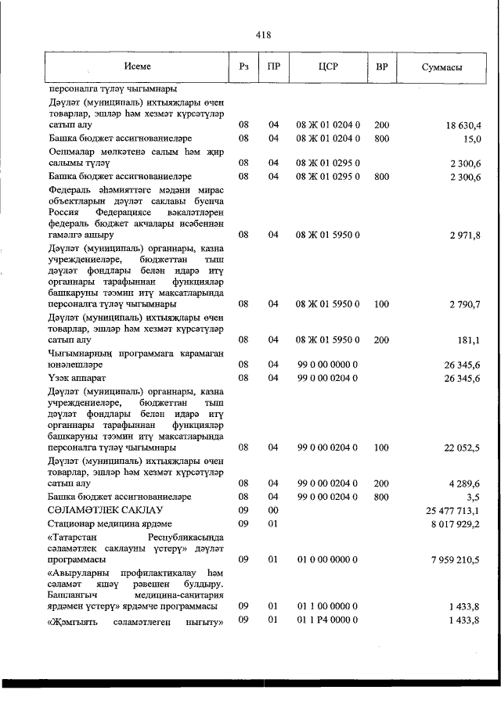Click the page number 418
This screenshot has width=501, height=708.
click(x=263, y=35)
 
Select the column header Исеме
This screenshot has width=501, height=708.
click(x=137, y=67)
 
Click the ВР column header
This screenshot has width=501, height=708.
click(x=381, y=67)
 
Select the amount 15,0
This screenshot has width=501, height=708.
click(x=471, y=138)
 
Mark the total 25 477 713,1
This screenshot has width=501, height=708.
click(x=453, y=510)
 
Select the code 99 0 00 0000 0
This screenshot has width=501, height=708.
click(x=327, y=365)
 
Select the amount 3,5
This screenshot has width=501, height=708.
click(x=474, y=497)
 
